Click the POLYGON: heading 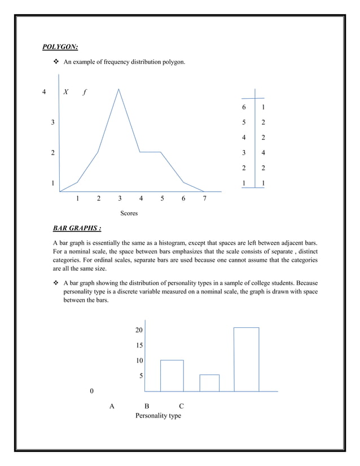click(60, 46)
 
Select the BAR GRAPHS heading click(77, 228)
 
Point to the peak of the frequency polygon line click(118, 89)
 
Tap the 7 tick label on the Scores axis click(205, 199)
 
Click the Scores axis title click(129, 214)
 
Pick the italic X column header click(66, 92)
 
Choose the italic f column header click(85, 92)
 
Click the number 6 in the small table click(244, 107)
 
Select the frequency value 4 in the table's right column click(264, 153)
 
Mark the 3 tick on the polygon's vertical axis click(53, 122)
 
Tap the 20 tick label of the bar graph click(139, 329)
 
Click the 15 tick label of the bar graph click(139, 345)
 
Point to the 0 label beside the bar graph click(92, 391)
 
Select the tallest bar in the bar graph click(247, 359)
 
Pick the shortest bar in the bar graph click(209, 383)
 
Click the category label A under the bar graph click(112, 406)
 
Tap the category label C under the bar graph click(181, 406)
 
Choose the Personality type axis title click(158, 416)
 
